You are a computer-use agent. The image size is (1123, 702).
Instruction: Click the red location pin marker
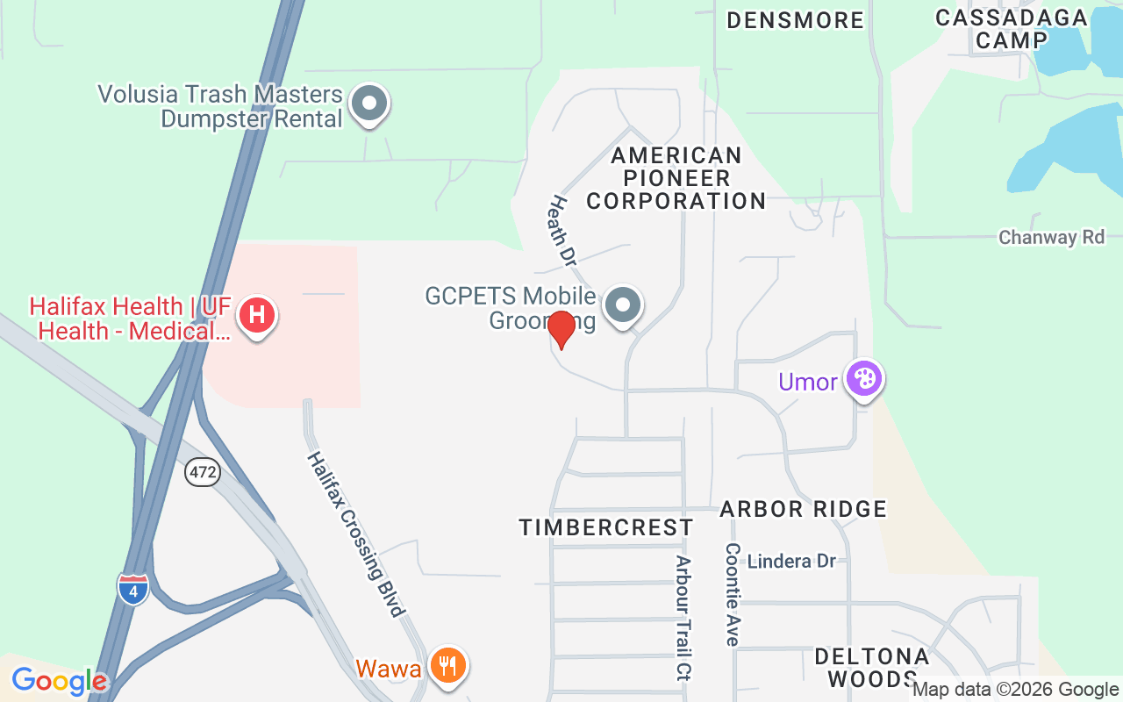561,329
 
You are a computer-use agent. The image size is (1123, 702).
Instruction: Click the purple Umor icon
864,379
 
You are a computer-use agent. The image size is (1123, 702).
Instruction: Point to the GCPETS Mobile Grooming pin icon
624,305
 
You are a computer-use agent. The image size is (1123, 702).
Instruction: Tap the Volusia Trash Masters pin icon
369,104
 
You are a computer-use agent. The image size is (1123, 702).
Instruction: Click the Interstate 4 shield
133,588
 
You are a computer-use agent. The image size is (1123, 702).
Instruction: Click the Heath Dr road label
561,231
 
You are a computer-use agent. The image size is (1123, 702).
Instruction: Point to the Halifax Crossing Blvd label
356,534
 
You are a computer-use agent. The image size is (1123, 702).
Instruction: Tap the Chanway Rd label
1051,237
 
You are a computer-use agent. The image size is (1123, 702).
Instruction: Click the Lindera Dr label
791,561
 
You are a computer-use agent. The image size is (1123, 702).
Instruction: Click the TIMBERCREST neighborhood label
605,527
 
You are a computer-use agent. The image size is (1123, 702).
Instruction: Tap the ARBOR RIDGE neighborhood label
803,509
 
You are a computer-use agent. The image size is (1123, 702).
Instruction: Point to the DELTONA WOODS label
871,668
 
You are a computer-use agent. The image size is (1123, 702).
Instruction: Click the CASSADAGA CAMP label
1011,29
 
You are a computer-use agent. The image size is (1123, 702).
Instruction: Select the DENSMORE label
795,20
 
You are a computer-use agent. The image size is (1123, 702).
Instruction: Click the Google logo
59,680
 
